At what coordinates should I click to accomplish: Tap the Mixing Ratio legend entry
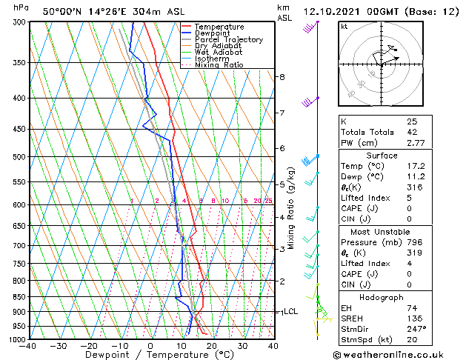pyautogui.click(x=220, y=65)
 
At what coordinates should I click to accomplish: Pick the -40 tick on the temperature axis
pyautogui.click(x=27, y=346)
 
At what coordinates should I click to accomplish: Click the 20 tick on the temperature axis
pyautogui.click(x=211, y=346)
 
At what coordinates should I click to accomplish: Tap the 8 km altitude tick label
pyautogui.click(x=282, y=77)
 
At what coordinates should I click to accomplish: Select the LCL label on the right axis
pyautogui.click(x=291, y=312)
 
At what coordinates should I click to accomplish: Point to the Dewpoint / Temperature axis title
pyautogui.click(x=150, y=356)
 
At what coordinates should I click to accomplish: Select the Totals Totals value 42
pyautogui.click(x=412, y=132)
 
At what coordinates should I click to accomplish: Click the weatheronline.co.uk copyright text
pyautogui.click(x=398, y=354)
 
